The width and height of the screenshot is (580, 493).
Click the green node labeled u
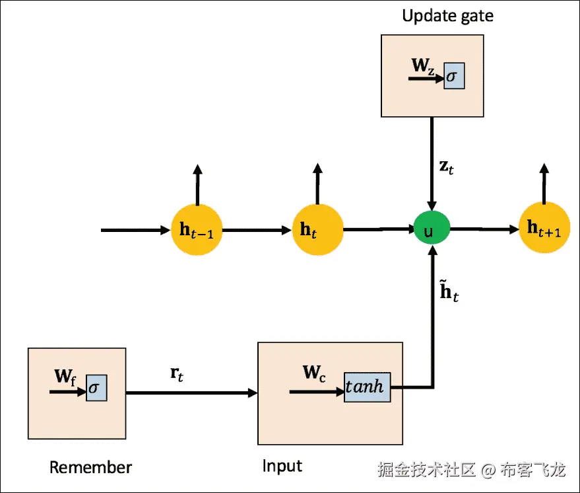[x=432, y=229]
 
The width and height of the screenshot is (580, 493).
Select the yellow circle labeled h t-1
[x=197, y=229]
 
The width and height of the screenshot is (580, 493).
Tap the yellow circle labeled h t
[x=317, y=229]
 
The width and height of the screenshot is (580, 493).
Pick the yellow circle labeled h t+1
[x=544, y=228]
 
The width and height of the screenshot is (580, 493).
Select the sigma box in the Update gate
[x=454, y=77]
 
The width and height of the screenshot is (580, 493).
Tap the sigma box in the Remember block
[x=96, y=388]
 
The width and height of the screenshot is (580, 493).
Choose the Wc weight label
[x=314, y=373]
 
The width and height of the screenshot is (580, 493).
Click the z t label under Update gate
[x=447, y=167]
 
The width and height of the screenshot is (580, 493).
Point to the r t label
[x=177, y=373]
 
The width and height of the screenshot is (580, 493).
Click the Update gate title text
[x=447, y=15]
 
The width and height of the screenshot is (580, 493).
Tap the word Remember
[x=90, y=468]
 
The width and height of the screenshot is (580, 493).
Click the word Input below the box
[x=282, y=466]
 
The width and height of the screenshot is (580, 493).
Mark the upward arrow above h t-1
[x=197, y=185]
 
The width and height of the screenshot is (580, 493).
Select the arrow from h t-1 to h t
[x=257, y=230]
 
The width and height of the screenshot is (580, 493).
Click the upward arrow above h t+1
[x=544, y=184]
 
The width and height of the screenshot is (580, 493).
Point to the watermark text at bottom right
[x=472, y=470]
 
